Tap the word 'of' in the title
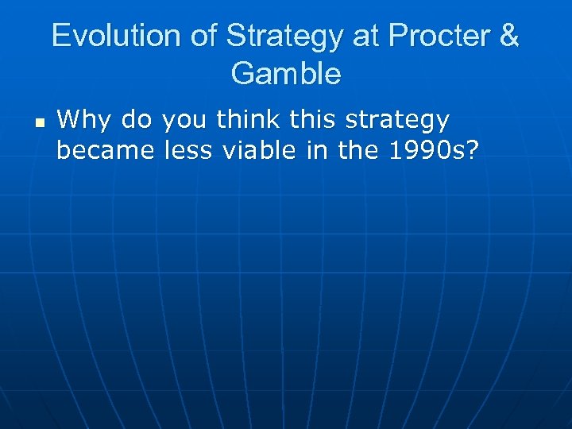click(x=201, y=37)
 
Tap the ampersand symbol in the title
click(x=508, y=37)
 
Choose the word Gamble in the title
click(x=286, y=74)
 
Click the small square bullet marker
click(x=38, y=124)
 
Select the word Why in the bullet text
click(x=84, y=121)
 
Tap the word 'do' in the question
click(x=136, y=121)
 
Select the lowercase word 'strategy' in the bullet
click(x=399, y=121)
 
